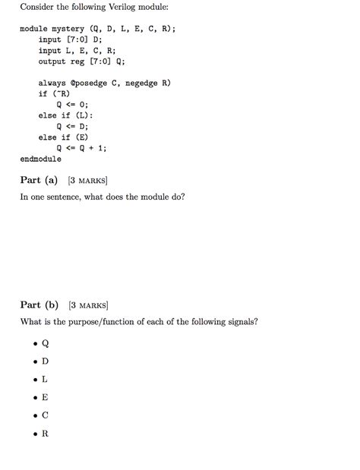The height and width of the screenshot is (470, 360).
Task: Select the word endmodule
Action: tap(40, 159)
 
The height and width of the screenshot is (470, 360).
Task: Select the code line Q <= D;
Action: tap(73, 126)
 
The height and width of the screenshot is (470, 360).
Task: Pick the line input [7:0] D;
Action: tap(70, 39)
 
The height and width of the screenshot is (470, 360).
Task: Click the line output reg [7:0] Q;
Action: tap(82, 62)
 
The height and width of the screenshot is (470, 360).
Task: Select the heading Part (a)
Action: tap(39, 180)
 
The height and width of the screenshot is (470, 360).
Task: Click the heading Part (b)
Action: tap(39, 305)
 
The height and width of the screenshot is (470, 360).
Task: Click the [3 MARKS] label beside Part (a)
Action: tap(87, 181)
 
